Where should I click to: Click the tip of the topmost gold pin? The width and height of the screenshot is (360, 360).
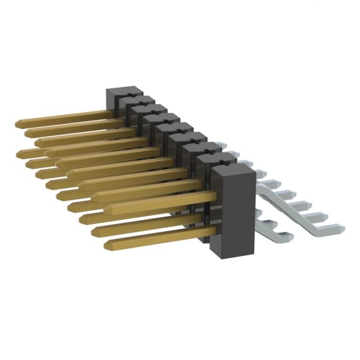[x=16, y=123]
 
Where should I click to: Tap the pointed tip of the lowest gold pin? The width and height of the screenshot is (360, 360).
[x=106, y=244]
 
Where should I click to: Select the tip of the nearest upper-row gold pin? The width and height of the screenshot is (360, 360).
[x=106, y=210]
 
